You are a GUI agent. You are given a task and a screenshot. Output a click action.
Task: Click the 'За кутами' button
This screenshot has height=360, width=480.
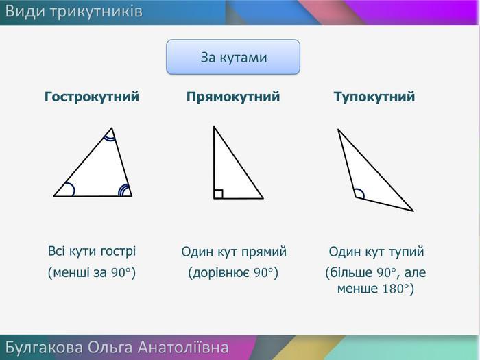pyautogui.click(x=233, y=57)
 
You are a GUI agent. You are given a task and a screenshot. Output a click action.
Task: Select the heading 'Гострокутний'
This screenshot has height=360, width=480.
pyautogui.click(x=92, y=97)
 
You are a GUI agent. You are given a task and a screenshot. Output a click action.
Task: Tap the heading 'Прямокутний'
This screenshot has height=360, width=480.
pyautogui.click(x=233, y=97)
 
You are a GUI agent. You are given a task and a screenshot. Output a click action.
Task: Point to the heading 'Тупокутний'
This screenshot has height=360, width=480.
pyautogui.click(x=374, y=97)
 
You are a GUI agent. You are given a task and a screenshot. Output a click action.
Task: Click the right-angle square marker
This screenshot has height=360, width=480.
pyautogui.click(x=218, y=194)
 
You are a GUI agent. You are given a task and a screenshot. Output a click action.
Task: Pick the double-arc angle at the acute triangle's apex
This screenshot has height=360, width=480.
pyautogui.click(x=110, y=138)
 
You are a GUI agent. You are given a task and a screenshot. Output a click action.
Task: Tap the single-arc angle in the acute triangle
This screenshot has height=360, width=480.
pyautogui.click(x=73, y=188)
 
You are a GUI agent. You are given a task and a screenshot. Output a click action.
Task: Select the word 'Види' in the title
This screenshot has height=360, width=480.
pyautogui.click(x=25, y=12)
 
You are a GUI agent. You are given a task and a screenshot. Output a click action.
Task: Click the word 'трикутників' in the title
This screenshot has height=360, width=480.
pyautogui.click(x=96, y=12)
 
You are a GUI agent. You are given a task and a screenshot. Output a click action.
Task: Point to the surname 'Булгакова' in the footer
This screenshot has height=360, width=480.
pyautogui.click(x=44, y=348)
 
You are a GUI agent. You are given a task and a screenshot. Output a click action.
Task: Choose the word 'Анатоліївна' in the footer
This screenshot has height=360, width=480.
pyautogui.click(x=183, y=347)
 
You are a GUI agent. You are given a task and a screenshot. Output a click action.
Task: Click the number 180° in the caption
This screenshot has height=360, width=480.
pyautogui.click(x=396, y=289)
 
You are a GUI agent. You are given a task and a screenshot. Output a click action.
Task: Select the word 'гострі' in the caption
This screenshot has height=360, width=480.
pyautogui.click(x=118, y=252)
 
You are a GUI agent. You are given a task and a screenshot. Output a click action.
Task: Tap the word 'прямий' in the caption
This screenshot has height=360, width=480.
pyautogui.click(x=264, y=252)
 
